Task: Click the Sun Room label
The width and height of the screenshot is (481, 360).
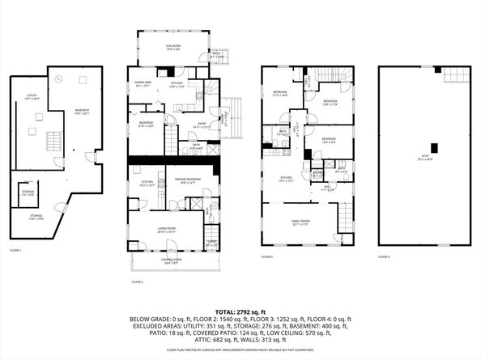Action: [x=173, y=47]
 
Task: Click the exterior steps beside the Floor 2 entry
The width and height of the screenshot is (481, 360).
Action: [x=235, y=109]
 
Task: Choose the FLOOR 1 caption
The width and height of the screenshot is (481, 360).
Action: [x=15, y=251]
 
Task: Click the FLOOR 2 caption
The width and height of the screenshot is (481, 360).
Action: [x=138, y=282]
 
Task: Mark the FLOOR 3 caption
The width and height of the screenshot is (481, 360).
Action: [x=267, y=256]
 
